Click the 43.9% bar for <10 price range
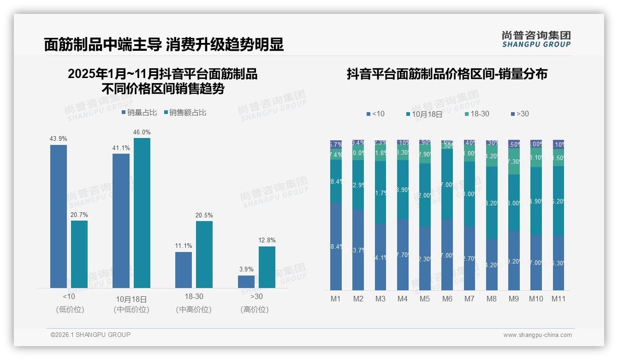59,216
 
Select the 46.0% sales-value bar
142,213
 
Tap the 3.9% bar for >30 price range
246,282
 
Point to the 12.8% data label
267,240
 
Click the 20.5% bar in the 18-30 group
204,254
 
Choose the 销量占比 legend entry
139,112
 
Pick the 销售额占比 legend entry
185,112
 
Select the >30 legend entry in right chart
520,114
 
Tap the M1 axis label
336,299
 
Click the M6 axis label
447,299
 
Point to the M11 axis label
559,299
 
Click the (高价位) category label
255,310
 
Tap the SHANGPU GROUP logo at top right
536,39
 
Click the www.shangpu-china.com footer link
537,335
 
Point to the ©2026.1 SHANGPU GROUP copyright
90,335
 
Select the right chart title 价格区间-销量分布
447,74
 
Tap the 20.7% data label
79,215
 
